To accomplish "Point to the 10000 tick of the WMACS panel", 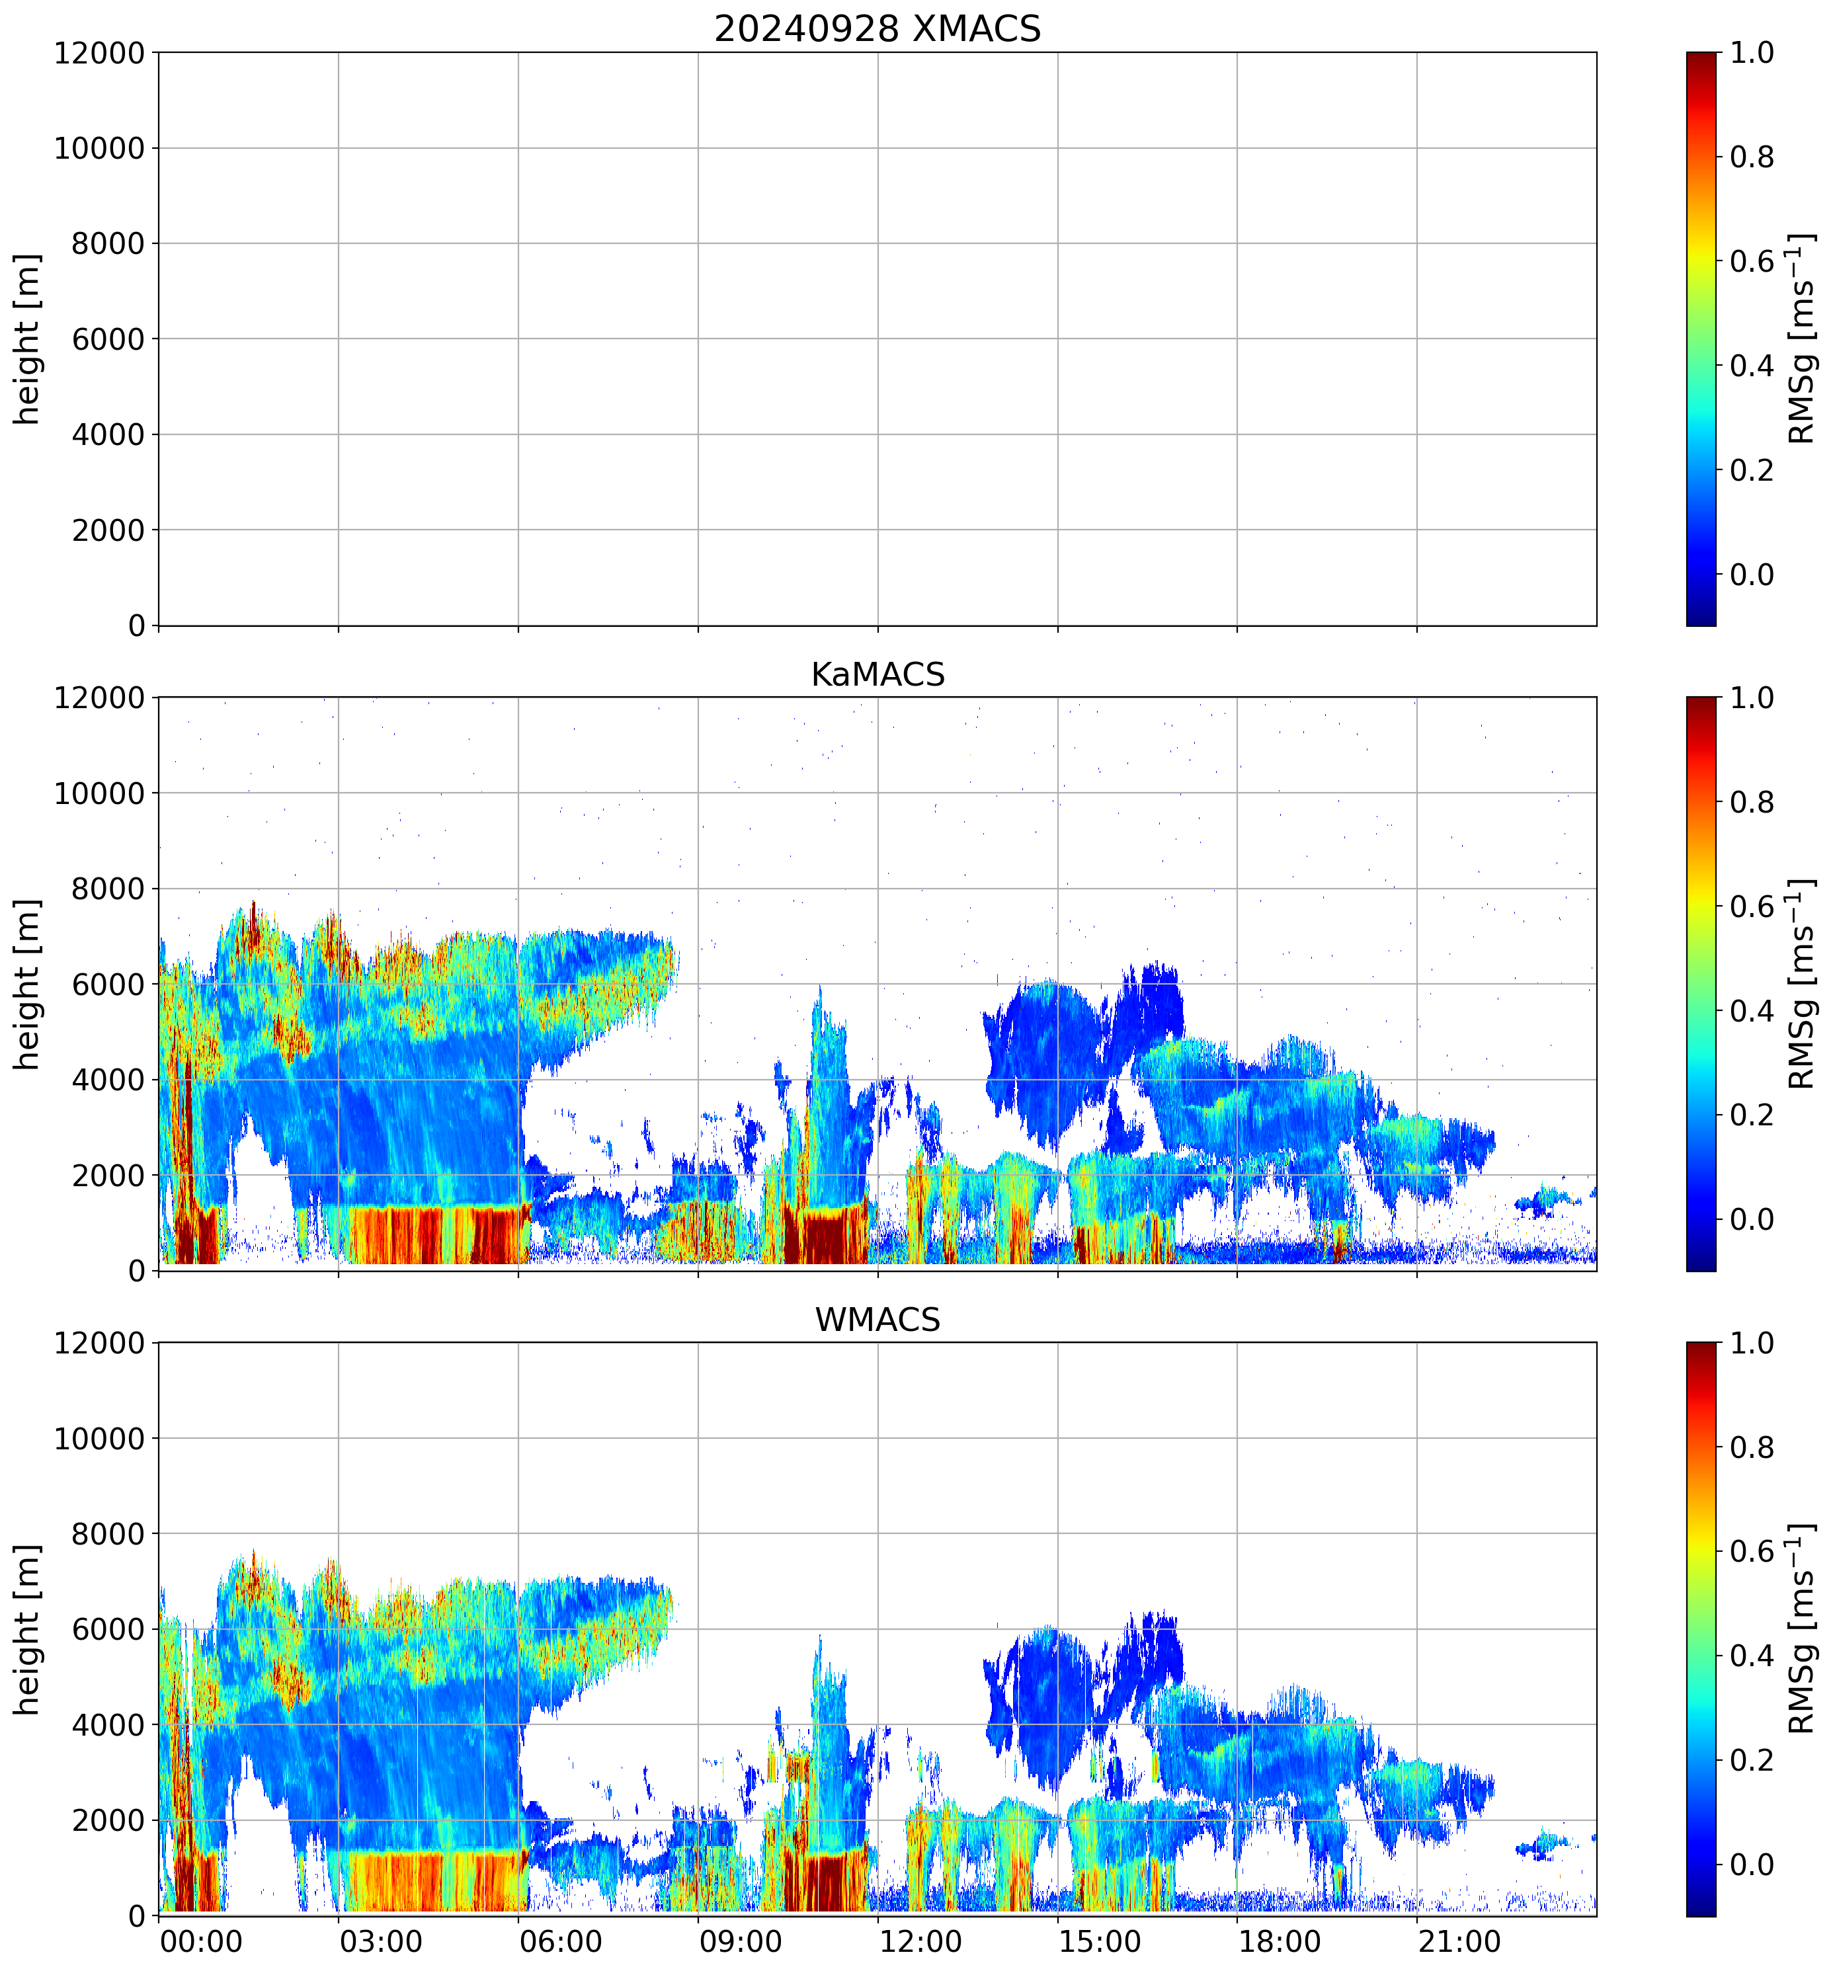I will point(99,1439).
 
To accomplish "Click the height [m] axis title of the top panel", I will point(28,339).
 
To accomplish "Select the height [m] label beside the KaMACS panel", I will point(28,985).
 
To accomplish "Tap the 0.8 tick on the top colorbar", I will point(1751,157).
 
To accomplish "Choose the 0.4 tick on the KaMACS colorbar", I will point(1751,1011).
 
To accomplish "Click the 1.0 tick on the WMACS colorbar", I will point(1751,1344).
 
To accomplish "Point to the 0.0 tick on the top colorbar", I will point(1751,574).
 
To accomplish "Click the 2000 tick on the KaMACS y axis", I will point(108,1176).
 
